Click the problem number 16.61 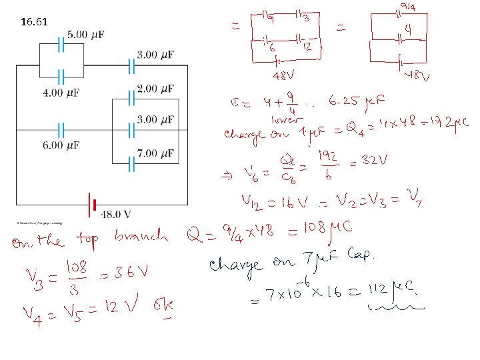(x=35, y=21)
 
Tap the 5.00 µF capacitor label (x=85, y=34)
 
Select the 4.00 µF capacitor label (x=61, y=93)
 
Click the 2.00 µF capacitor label (x=155, y=89)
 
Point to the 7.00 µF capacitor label (x=155, y=153)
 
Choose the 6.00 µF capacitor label (x=61, y=145)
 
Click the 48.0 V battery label (x=115, y=214)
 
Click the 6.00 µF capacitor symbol (x=61, y=129)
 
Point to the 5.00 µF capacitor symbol (x=61, y=45)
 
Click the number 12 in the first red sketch (x=307, y=47)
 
